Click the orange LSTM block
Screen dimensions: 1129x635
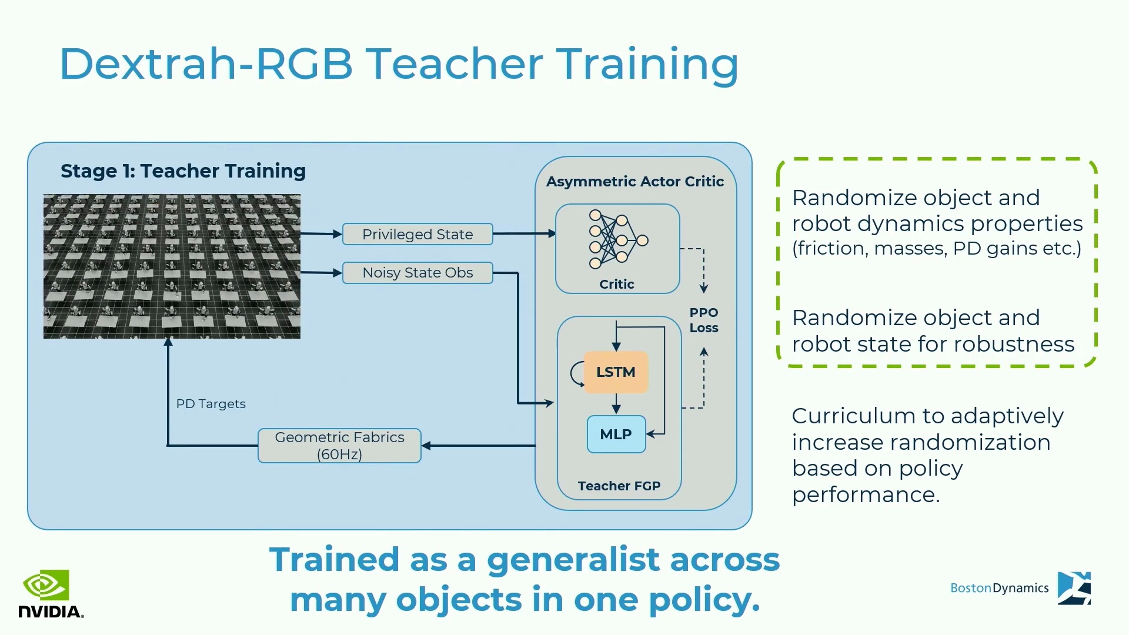click(x=616, y=372)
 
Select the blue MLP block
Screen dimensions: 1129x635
click(x=616, y=435)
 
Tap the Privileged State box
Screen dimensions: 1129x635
click(x=417, y=234)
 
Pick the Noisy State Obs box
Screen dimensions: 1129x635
click(x=417, y=273)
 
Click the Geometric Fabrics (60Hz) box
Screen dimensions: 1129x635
click(x=339, y=446)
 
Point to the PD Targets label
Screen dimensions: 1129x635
click(x=211, y=404)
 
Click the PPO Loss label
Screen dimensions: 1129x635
click(x=704, y=320)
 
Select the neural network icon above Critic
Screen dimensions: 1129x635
click(x=619, y=240)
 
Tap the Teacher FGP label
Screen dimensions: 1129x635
click(x=619, y=486)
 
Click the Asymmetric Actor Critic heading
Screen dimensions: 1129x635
click(x=635, y=182)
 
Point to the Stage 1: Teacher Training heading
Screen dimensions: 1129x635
click(x=183, y=171)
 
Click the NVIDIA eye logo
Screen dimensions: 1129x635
click(x=46, y=585)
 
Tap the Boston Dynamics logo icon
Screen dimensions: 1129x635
click(x=1074, y=588)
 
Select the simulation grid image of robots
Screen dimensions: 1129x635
click(x=172, y=266)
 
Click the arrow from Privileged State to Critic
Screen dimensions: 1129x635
click(x=525, y=233)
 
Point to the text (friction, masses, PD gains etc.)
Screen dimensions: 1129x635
click(x=937, y=249)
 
